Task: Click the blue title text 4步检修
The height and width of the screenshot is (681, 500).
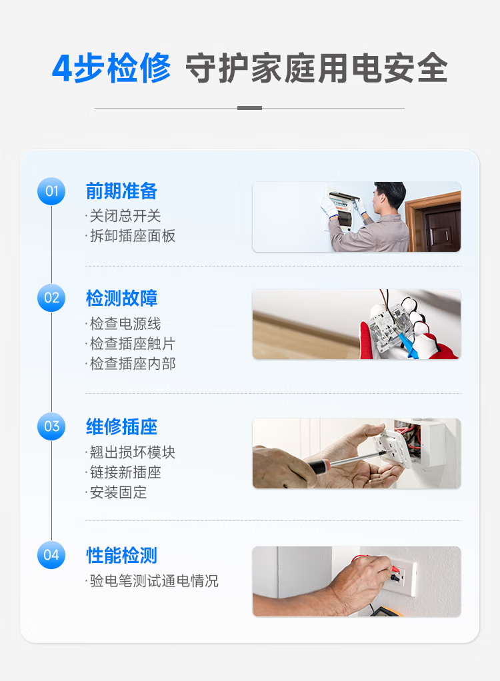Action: pyautogui.click(x=111, y=68)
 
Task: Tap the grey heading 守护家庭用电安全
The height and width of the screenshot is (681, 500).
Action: pyautogui.click(x=317, y=68)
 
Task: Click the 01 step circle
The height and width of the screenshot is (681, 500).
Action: pyautogui.click(x=51, y=191)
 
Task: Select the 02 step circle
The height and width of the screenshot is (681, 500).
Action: pyautogui.click(x=51, y=298)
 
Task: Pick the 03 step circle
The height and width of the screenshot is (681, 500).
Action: pyautogui.click(x=51, y=426)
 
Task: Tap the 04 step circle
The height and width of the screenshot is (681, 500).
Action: pyautogui.click(x=51, y=555)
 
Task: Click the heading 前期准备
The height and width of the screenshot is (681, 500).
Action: pyautogui.click(x=121, y=191)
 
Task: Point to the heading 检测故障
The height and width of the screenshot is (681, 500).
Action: pyautogui.click(x=121, y=299)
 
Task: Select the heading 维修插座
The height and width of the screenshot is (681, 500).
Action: pyautogui.click(x=121, y=427)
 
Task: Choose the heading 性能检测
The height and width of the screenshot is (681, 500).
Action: pyautogui.click(x=121, y=556)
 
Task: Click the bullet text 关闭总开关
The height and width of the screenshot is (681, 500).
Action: pyautogui.click(x=125, y=216)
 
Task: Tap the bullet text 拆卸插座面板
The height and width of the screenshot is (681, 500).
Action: pyautogui.click(x=133, y=236)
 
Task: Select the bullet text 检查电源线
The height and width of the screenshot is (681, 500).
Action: pyautogui.click(x=125, y=324)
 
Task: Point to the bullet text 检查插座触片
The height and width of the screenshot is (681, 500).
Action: pyautogui.click(x=133, y=344)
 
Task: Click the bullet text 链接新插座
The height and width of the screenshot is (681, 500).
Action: pyautogui.click(x=125, y=472)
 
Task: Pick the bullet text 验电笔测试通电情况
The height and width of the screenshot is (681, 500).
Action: pyautogui.click(x=154, y=580)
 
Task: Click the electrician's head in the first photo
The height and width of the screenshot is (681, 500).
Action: pyautogui.click(x=389, y=196)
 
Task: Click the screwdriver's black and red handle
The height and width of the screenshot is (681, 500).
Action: pyautogui.click(x=319, y=466)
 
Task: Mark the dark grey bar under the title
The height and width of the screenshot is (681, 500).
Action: pyautogui.click(x=249, y=108)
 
